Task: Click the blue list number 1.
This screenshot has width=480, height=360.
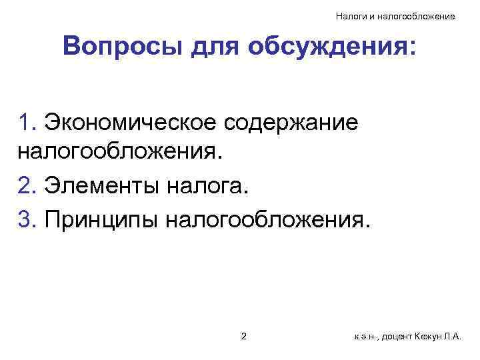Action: coord(27,123)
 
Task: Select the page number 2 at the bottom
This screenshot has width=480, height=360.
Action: coord(243,336)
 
